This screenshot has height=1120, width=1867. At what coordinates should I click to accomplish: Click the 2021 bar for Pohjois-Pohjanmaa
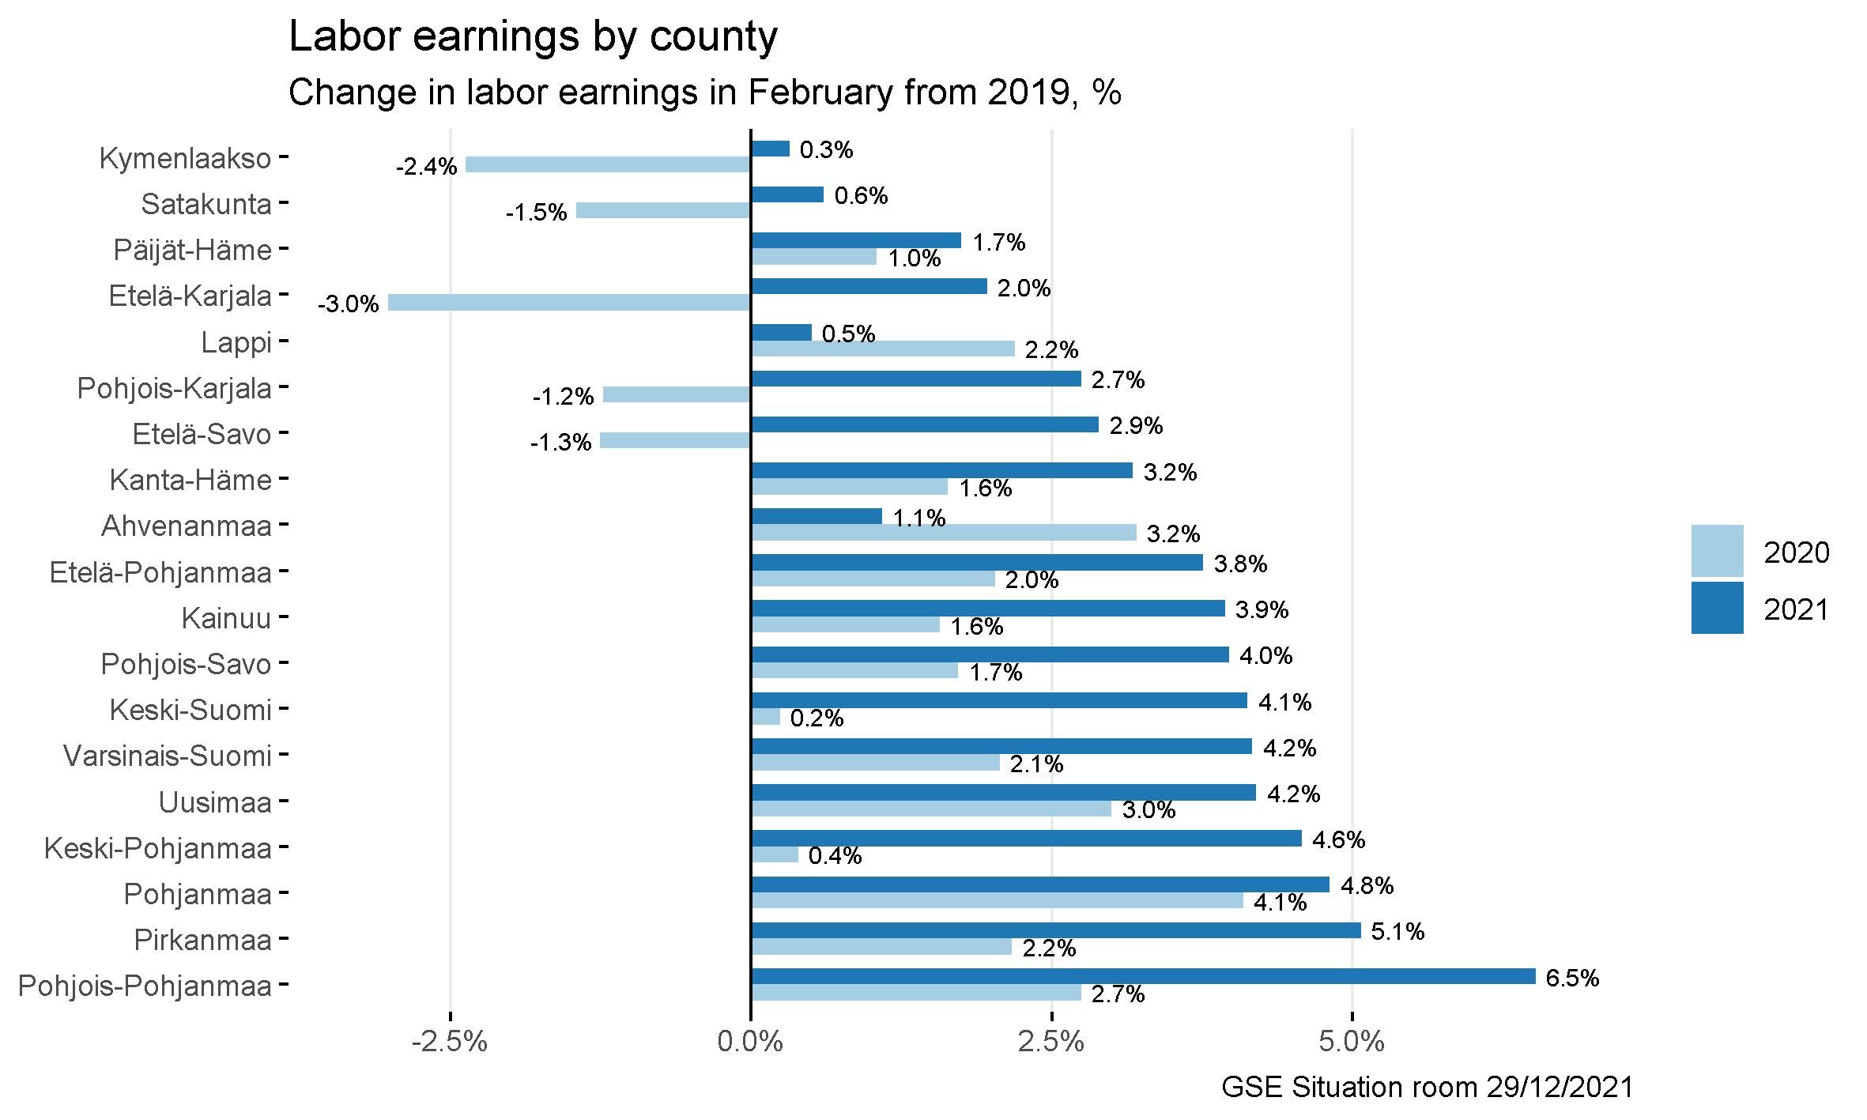[x=1143, y=976]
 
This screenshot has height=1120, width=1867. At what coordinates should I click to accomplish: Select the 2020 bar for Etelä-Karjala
[x=569, y=303]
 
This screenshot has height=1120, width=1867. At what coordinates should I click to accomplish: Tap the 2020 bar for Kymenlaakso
[x=608, y=164]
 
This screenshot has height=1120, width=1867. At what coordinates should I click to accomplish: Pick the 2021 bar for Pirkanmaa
[x=1056, y=930]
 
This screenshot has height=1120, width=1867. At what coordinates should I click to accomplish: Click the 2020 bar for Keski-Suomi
[x=766, y=717]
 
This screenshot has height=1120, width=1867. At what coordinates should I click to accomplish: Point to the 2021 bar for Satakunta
[x=787, y=194]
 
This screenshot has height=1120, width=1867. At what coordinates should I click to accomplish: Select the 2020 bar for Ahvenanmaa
[x=944, y=533]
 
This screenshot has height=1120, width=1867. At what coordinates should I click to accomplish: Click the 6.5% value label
[x=1572, y=978]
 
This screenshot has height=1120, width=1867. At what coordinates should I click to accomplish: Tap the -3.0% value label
[x=349, y=304]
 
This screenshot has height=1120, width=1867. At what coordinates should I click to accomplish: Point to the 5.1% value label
[x=1397, y=932]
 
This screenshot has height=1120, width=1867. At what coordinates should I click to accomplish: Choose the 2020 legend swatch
[x=1717, y=551]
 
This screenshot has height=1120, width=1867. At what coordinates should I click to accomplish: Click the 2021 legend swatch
[x=1717, y=608]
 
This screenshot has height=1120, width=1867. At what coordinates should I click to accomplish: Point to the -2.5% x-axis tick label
[x=450, y=1042]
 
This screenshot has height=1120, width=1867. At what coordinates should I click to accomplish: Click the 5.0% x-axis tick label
[x=1352, y=1042]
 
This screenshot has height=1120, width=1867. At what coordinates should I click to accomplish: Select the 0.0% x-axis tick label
[x=750, y=1042]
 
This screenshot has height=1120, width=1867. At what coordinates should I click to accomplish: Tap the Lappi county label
[x=236, y=342]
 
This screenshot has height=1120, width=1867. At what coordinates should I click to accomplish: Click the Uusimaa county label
[x=215, y=802]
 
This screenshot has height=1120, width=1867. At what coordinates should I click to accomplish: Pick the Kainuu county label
[x=226, y=618]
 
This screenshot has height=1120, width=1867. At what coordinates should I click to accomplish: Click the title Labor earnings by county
[x=534, y=36]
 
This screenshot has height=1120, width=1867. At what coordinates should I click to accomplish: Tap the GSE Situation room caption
[x=1427, y=1088]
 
